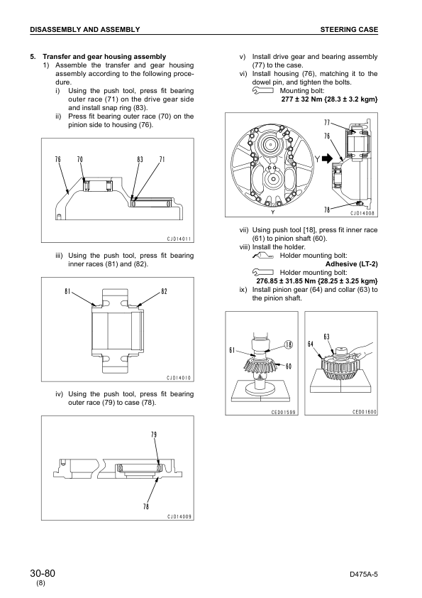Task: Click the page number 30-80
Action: tap(43, 573)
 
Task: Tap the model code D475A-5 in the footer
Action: tap(363, 575)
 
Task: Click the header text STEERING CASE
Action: tap(349, 29)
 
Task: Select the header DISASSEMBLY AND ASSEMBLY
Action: tap(85, 29)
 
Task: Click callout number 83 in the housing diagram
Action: tap(140, 159)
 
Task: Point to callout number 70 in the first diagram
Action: tap(80, 159)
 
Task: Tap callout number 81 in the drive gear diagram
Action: tap(67, 291)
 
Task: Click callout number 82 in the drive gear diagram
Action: tap(164, 291)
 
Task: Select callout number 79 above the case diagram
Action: tap(154, 435)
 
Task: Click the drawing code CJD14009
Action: tap(179, 517)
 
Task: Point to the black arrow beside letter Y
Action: tap(327, 158)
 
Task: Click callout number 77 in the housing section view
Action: tap(327, 122)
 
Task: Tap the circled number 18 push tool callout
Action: tap(289, 344)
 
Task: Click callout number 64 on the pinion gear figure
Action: tap(311, 344)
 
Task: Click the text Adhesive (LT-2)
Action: tap(352, 264)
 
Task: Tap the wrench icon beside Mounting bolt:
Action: tap(263, 91)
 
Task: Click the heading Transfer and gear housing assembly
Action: tap(104, 56)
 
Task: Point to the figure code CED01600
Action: tap(364, 412)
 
